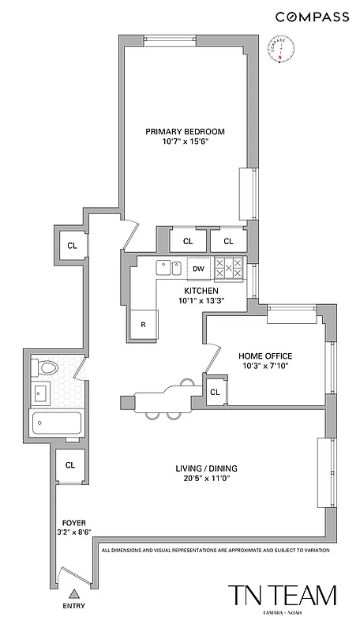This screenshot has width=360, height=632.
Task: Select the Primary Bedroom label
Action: point(186,131)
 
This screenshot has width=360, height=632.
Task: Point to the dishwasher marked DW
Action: point(199,269)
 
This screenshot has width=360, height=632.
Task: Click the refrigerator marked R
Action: point(144,324)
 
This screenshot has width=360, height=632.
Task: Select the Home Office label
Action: point(265,355)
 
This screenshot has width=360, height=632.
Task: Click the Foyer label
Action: point(74,523)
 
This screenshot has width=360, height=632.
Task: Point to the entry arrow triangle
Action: point(75,593)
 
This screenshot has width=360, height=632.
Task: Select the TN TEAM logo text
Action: point(282,596)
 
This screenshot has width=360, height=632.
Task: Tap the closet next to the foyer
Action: point(69,465)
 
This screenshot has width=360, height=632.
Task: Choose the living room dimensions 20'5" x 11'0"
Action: point(206,479)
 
